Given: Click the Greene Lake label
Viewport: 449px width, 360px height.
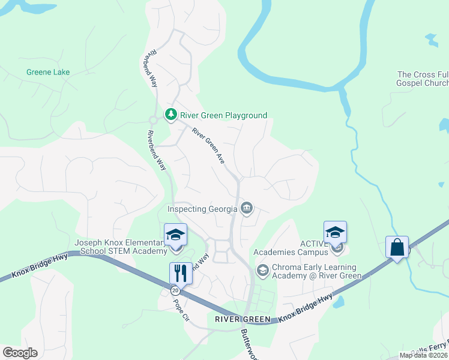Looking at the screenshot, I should tap(48, 72).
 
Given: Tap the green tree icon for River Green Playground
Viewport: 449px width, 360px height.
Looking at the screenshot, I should tap(171, 114).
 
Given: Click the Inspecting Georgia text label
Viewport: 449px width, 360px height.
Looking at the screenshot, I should tap(203, 209).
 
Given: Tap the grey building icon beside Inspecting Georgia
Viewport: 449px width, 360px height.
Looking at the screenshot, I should tap(247, 209).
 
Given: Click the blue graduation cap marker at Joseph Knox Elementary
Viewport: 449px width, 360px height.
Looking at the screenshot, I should tap(176, 235).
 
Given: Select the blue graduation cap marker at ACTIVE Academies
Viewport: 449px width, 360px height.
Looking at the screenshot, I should tap(335, 232).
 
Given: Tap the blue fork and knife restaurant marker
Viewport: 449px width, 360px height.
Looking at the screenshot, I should tap(180, 273).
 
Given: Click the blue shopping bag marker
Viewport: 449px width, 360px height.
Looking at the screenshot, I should tap(397, 247).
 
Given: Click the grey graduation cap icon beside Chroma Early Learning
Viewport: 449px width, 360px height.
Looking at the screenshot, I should tap(262, 271).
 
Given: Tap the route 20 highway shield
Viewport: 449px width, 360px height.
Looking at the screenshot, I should tap(175, 290).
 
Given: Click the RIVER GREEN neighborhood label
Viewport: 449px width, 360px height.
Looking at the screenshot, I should tap(240, 319).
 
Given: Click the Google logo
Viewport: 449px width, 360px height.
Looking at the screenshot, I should tap(20, 353).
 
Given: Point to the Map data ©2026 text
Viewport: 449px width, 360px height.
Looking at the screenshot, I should tap(424, 355).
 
